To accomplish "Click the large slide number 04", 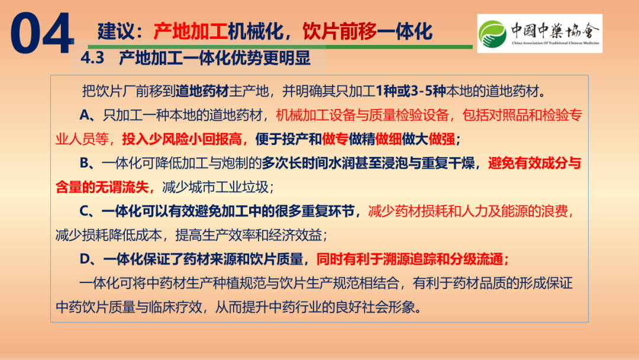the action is [42, 33].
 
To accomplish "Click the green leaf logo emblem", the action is [492, 34].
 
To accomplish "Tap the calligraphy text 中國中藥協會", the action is [556, 30].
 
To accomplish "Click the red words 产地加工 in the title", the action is [191, 31].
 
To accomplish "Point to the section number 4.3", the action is [92, 58].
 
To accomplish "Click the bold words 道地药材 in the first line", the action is [202, 91].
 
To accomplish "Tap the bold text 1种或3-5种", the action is [411, 91].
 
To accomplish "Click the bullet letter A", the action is [85, 115].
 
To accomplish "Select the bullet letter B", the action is [85, 163].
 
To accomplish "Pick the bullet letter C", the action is [85, 211].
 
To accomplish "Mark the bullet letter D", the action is [85, 259].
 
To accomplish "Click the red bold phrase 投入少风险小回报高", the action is [182, 139].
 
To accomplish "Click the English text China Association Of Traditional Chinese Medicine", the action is [556, 43].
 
